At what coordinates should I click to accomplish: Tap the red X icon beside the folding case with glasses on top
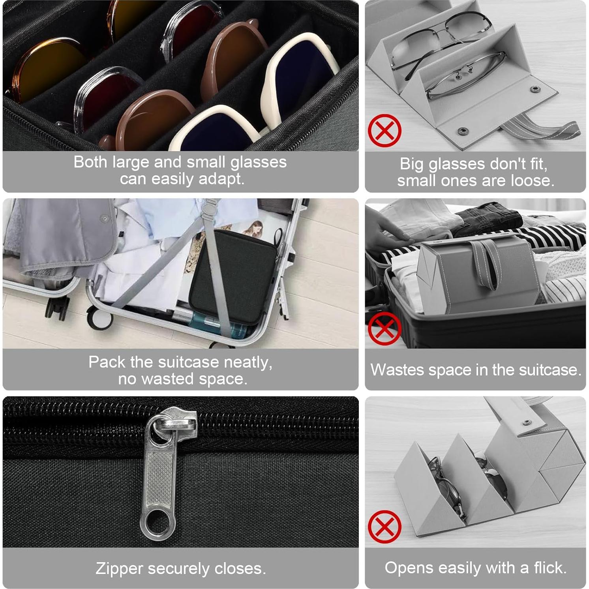(384, 130)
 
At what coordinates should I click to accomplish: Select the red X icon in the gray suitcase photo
(384, 328)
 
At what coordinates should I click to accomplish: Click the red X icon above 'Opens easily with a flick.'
(384, 527)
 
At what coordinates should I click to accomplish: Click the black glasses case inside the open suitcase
(233, 276)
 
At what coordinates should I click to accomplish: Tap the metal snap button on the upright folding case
(525, 423)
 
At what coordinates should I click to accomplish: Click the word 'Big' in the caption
(412, 164)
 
